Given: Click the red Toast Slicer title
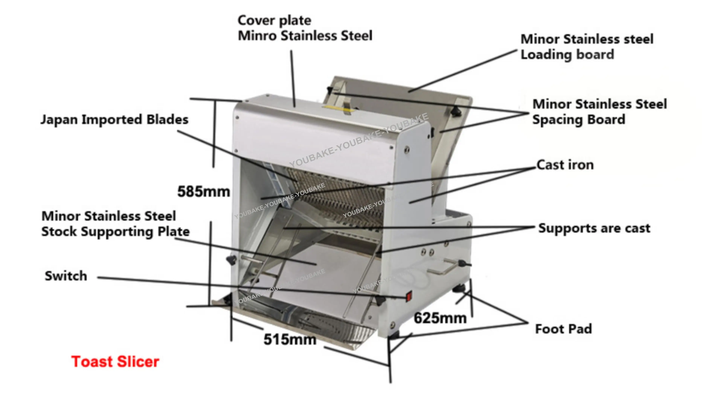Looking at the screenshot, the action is [x=115, y=362].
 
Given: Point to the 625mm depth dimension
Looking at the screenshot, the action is [x=440, y=318].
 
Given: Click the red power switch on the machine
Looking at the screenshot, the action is [x=409, y=296].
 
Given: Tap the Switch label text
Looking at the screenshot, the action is [x=66, y=276].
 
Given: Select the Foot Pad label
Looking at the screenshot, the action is [x=564, y=329].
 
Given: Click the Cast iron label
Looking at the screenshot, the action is [x=565, y=165].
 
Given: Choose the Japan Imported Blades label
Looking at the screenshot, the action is [x=114, y=120].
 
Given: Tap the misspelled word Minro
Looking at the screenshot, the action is [x=257, y=36].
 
